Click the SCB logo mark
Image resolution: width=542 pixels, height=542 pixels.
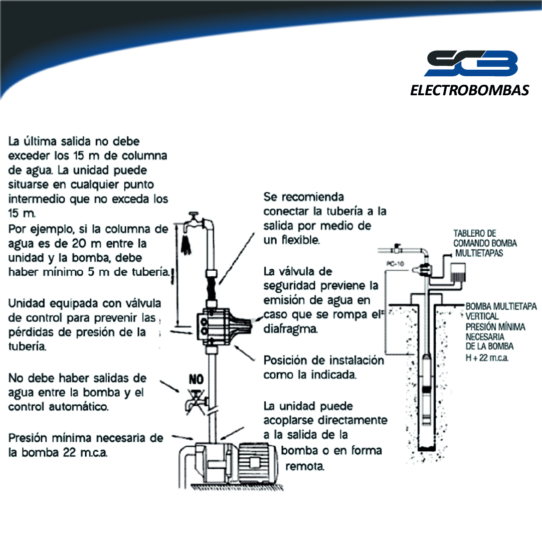tap(471, 63)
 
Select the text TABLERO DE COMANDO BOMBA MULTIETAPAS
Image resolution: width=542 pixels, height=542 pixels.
tap(485, 243)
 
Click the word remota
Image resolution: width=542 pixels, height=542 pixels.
tap(305, 466)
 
